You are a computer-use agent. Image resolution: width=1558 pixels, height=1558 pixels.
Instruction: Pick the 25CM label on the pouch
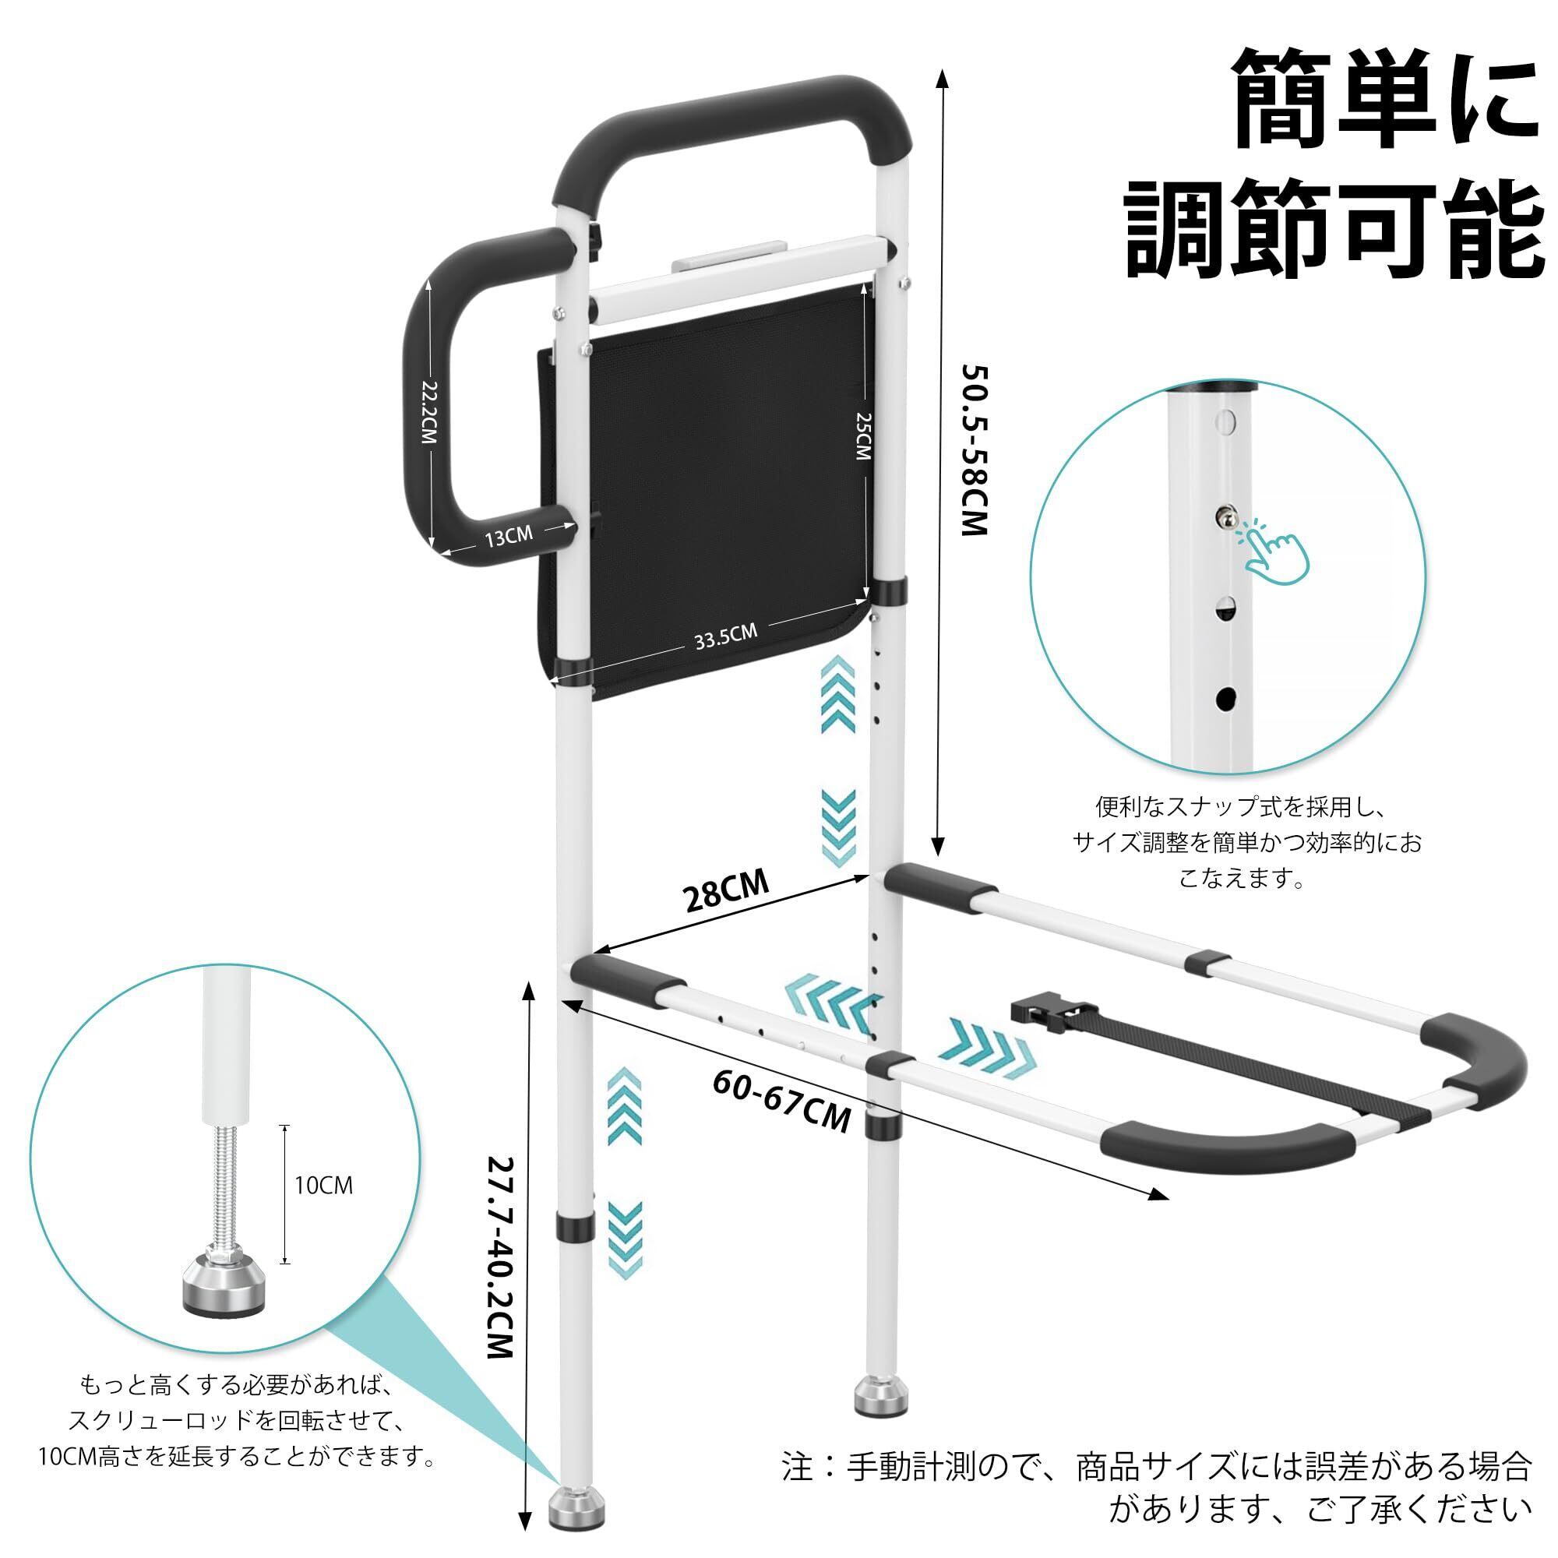point(862,436)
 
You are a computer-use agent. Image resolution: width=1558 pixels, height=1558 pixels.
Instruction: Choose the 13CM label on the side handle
point(508,534)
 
